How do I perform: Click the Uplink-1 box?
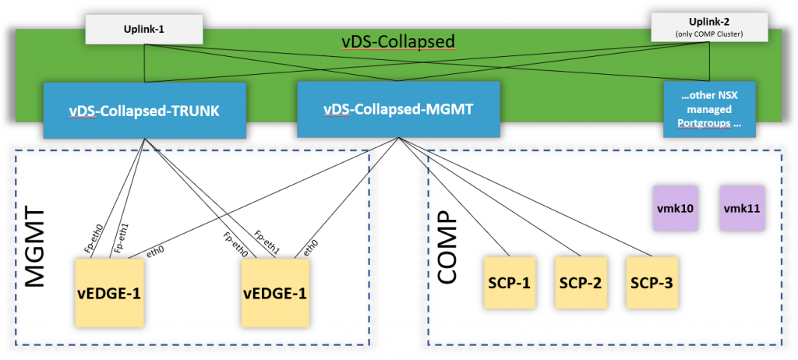click(144, 28)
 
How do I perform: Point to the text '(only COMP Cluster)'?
click(709, 34)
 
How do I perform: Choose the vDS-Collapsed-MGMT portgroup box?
click(398, 109)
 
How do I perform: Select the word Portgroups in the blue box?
click(709, 122)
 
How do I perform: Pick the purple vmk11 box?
click(742, 208)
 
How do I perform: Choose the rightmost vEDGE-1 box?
click(276, 292)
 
